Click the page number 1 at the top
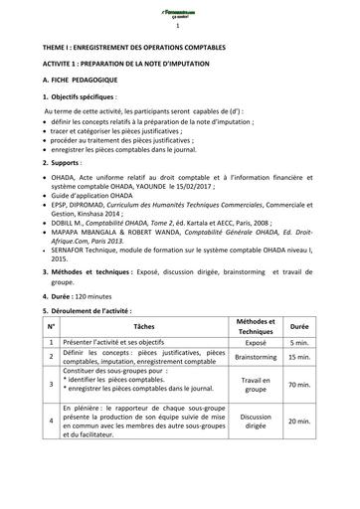(x=179, y=28)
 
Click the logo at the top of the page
(x=179, y=12)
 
